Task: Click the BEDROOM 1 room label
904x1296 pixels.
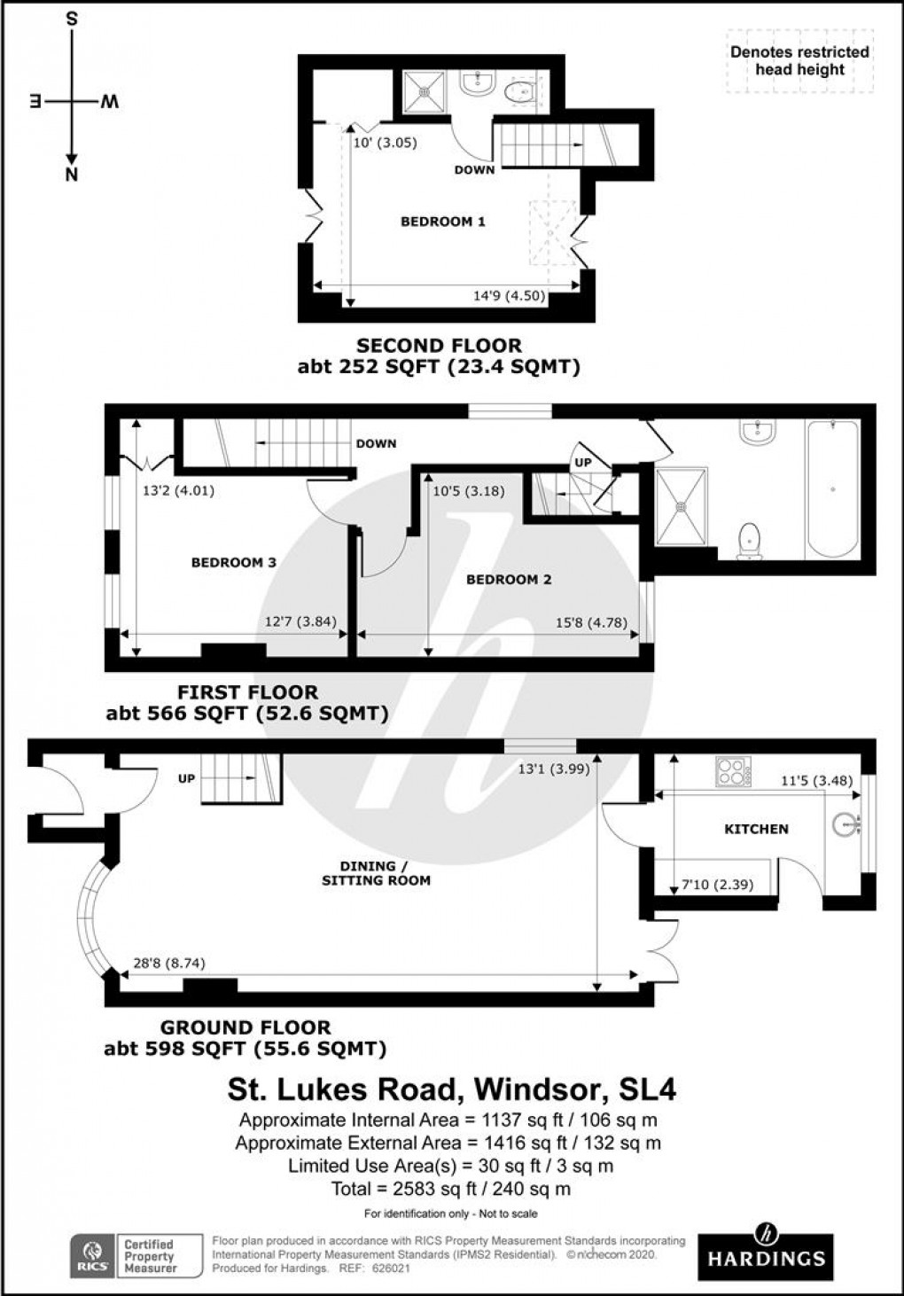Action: coord(442,222)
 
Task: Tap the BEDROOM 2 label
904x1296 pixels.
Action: coord(509,580)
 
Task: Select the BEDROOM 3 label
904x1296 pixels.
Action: coord(234,562)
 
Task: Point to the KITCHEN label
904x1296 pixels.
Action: coord(756,829)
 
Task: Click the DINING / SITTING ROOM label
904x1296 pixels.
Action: coord(386,873)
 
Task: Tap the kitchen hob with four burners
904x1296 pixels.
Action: coord(733,773)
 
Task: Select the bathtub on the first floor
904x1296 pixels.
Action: coord(831,488)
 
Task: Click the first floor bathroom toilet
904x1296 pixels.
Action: coord(750,539)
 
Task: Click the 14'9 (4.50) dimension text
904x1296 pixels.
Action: coord(509,297)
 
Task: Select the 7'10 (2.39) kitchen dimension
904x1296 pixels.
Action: coord(717,884)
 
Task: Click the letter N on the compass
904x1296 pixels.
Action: coord(72,174)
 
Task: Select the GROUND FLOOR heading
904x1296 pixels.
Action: coord(245,1027)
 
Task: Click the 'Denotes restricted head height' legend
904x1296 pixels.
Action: coord(799,61)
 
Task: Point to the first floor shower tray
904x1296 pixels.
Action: coord(682,506)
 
